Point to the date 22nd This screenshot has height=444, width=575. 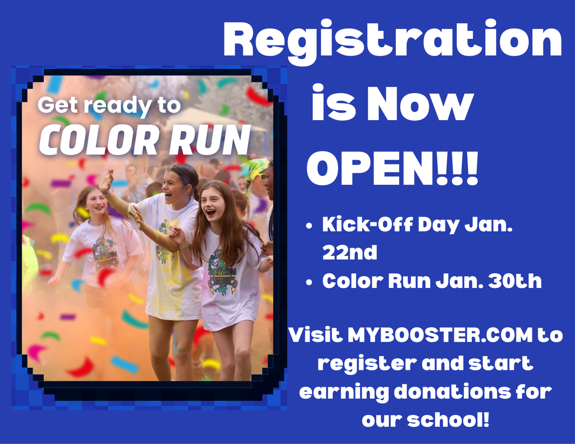coord(349,253)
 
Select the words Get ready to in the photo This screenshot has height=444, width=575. coord(109,105)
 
